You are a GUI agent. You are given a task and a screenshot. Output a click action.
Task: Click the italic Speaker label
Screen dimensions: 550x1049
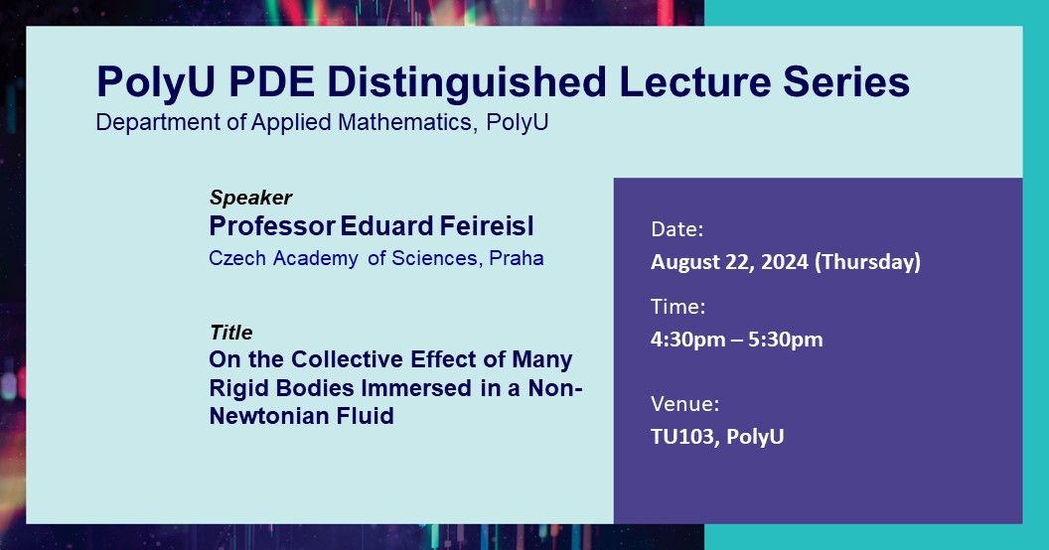coord(250,198)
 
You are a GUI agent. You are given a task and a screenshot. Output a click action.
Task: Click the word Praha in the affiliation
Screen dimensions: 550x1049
coord(517,258)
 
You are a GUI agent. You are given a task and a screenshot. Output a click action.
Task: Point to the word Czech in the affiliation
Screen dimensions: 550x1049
coord(234,258)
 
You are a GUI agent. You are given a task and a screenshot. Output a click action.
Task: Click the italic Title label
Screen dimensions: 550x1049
coord(230,333)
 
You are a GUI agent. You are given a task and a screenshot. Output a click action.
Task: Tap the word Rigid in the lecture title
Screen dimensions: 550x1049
coord(236,388)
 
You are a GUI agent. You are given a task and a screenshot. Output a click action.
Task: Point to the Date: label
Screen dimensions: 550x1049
coord(677,229)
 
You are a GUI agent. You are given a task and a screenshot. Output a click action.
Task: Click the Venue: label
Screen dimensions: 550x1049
coord(685,403)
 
